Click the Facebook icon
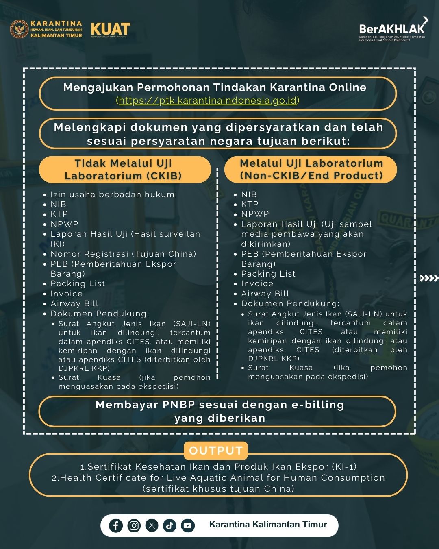[x=116, y=525]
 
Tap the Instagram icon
[x=134, y=525]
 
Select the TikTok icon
[x=170, y=525]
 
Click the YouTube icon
[x=187, y=525]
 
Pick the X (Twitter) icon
[x=152, y=525]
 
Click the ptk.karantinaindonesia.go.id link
[x=208, y=100]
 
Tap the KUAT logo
[x=110, y=29]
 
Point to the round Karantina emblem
[x=19, y=30]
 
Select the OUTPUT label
[x=216, y=451]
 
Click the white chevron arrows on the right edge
[x=429, y=278]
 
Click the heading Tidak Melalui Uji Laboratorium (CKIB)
[x=123, y=170]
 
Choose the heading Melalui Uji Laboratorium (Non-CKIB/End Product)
[x=311, y=169]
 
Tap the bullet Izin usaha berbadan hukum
[x=112, y=194]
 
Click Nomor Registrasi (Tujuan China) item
[x=123, y=254]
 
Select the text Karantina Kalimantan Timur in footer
[x=268, y=525]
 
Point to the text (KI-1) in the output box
[x=344, y=467]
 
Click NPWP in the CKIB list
[x=64, y=224]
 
